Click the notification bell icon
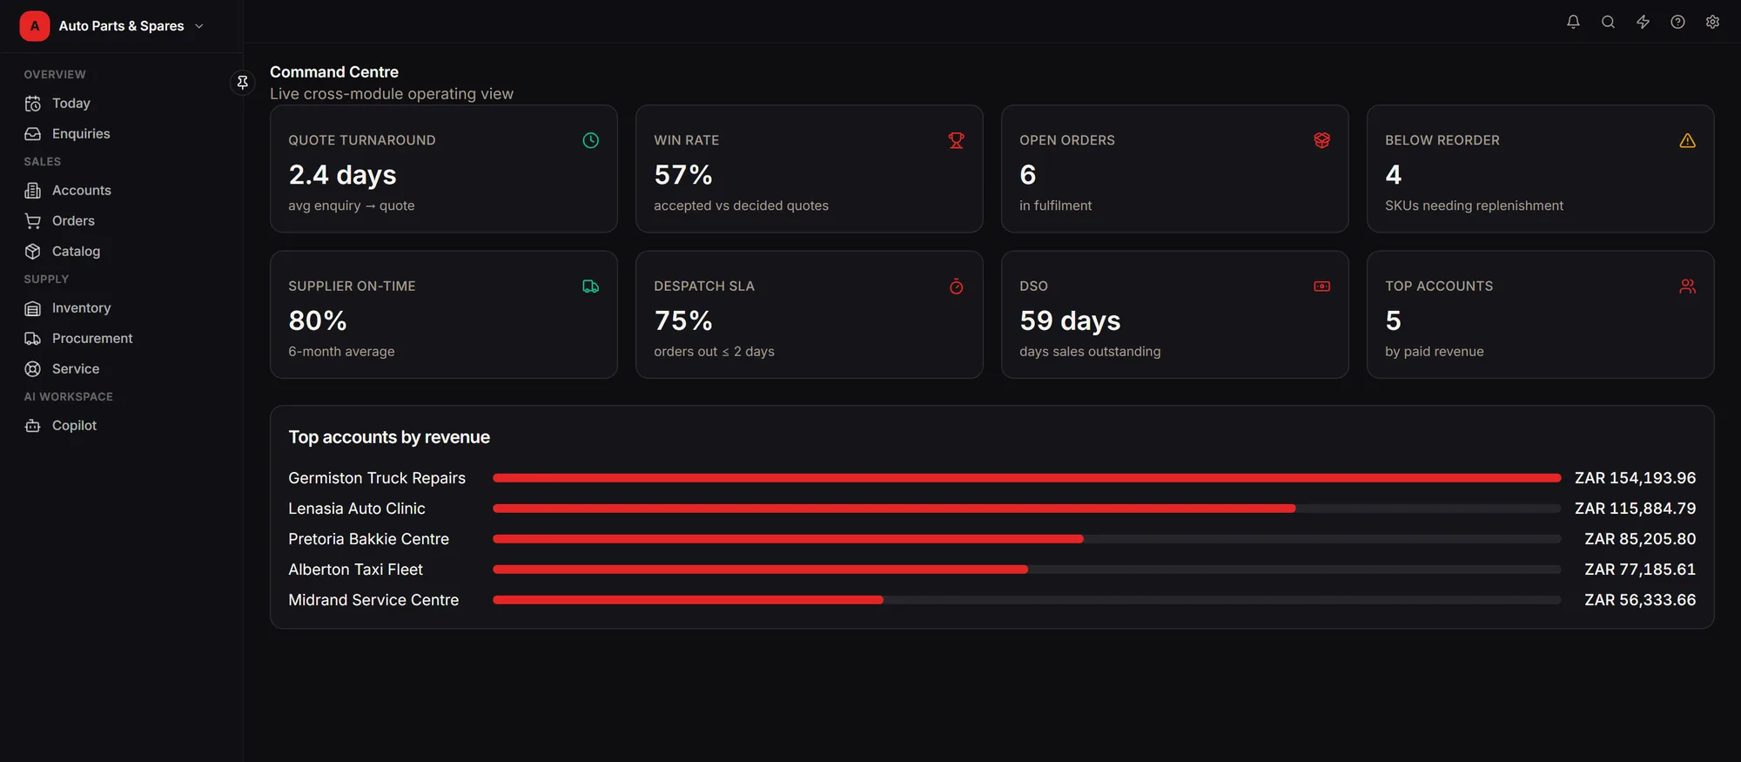click(1573, 23)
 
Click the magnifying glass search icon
click(1608, 23)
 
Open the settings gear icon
click(1712, 23)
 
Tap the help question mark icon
click(1677, 23)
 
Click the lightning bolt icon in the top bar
click(1643, 23)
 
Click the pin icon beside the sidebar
click(243, 82)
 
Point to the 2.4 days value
click(342, 175)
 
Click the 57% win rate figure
click(683, 175)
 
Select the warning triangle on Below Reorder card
click(1687, 141)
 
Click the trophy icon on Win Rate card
click(956, 141)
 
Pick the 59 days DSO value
click(1070, 321)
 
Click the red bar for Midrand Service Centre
click(688, 600)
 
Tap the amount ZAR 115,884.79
click(1635, 509)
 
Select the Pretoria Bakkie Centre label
click(368, 539)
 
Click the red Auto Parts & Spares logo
click(35, 26)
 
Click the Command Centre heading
click(334, 72)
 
